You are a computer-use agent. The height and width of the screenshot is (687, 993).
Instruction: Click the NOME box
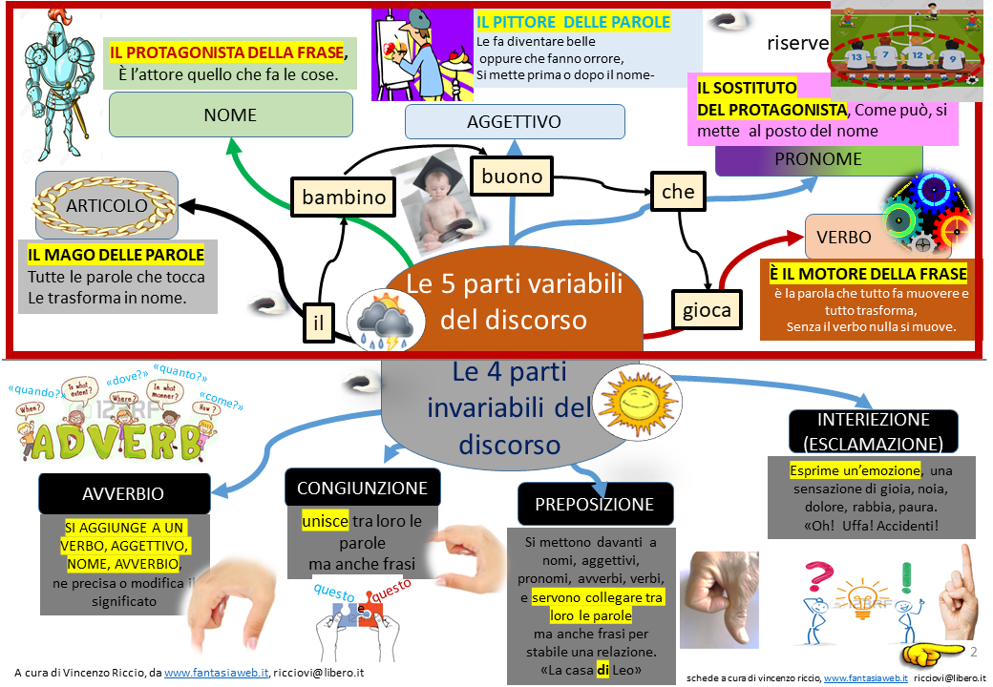(x=230, y=115)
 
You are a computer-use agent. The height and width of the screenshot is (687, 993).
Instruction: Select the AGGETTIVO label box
(x=514, y=122)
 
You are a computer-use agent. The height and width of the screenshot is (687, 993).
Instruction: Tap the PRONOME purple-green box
(x=818, y=159)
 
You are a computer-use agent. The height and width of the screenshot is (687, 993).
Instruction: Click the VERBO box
(x=844, y=237)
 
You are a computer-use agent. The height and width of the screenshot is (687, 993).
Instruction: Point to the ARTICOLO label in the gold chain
(x=107, y=206)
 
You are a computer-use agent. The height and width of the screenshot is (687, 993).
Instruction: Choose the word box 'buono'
(x=512, y=176)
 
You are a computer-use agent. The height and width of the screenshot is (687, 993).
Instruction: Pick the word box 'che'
(x=678, y=192)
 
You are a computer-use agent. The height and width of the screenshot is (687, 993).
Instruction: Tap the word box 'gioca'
(x=707, y=309)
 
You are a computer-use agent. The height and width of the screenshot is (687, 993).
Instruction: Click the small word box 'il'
(x=319, y=323)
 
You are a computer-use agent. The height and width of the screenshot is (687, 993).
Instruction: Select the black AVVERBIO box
(x=124, y=493)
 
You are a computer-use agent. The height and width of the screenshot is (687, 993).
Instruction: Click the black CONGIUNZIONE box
(x=362, y=488)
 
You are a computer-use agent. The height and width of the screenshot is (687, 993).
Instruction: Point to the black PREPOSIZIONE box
(x=595, y=504)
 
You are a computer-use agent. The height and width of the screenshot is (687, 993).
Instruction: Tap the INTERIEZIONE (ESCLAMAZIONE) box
(x=873, y=432)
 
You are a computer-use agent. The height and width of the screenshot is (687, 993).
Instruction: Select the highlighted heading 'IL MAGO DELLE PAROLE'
(x=116, y=255)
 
